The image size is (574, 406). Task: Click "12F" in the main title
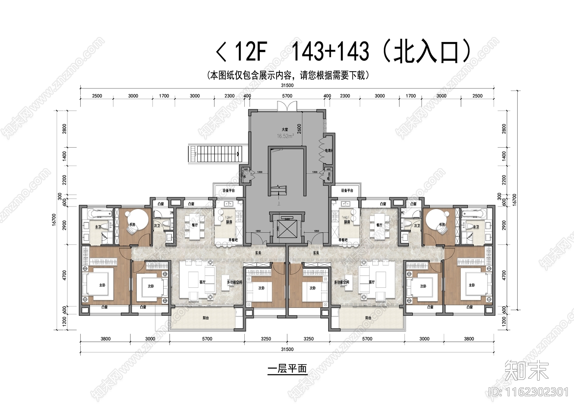[250, 51]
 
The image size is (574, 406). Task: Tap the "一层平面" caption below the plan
[287, 369]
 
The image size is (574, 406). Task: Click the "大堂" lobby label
[285, 129]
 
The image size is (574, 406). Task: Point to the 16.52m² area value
[285, 136]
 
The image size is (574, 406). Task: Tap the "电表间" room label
[328, 151]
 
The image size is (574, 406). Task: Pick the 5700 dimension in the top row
[287, 96]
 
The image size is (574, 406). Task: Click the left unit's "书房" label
[132, 225]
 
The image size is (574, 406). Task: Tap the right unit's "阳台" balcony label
[368, 318]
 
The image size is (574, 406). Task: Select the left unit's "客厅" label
[202, 282]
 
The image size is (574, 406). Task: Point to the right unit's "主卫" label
[476, 227]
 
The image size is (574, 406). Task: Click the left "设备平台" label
[228, 190]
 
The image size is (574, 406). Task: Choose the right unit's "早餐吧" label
[343, 240]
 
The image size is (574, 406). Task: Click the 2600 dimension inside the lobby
[299, 128]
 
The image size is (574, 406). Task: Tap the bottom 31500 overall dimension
[287, 349]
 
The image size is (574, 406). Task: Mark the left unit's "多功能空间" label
[234, 282]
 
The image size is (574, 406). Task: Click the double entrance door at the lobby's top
[287, 106]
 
